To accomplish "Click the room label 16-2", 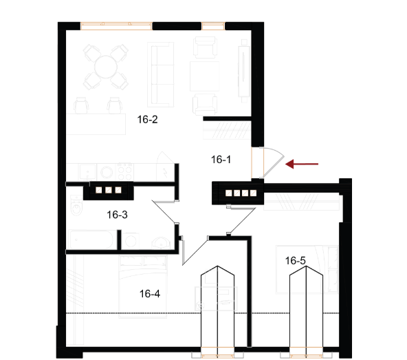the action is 147,120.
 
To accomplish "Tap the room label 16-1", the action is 221,160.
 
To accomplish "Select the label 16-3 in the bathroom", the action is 117,215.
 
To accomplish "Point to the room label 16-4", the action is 150,294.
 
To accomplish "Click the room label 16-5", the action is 296,261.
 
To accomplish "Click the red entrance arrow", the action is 302,164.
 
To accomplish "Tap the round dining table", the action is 106,67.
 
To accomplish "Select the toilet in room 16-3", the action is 76,205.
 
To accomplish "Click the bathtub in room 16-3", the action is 91,240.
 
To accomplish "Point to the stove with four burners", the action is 125,171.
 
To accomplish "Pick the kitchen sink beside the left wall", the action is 87,171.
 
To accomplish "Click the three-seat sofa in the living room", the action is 160,74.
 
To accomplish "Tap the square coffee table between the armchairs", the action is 204,76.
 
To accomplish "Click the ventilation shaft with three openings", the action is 109,190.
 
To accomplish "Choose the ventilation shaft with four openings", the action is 238,193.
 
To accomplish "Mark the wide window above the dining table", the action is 116,26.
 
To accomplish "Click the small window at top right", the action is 213,26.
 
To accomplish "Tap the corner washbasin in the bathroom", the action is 162,243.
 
